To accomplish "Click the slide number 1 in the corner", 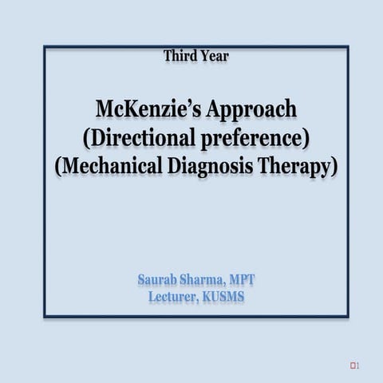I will (x=358, y=343).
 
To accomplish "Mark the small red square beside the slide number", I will (x=352, y=343).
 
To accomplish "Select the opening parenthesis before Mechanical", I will (x=58, y=168).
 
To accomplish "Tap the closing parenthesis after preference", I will (x=306, y=139).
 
